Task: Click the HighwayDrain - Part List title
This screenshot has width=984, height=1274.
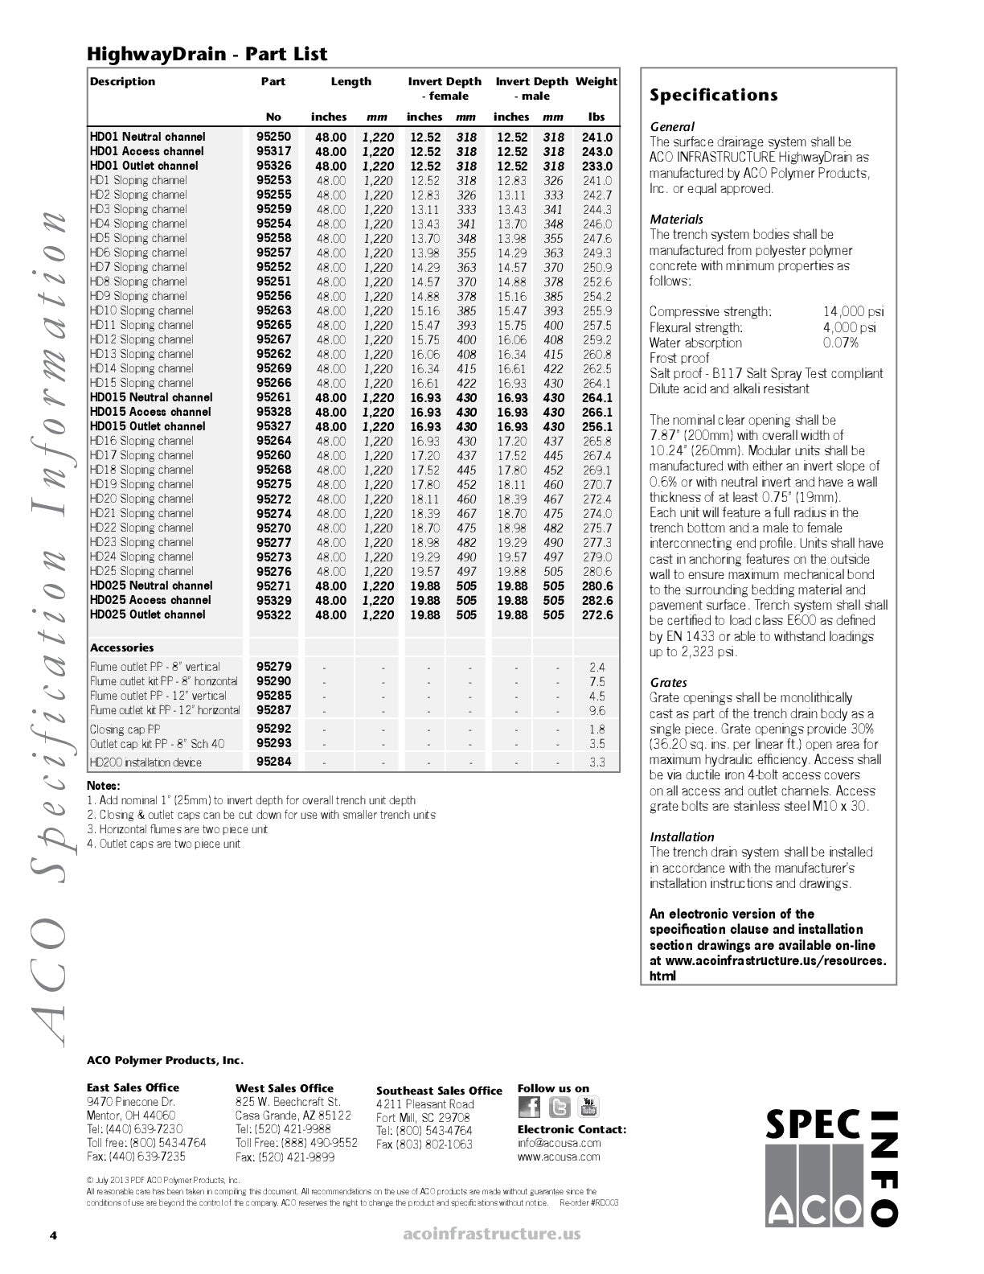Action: click(207, 54)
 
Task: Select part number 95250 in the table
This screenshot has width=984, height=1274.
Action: click(273, 137)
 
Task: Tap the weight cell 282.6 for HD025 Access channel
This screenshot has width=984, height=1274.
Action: click(597, 601)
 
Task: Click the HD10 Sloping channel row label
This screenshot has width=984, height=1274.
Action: click(141, 310)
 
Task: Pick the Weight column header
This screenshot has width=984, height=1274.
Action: click(597, 81)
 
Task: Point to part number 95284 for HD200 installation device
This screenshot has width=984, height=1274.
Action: click(273, 762)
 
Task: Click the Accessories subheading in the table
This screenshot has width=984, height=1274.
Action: click(121, 647)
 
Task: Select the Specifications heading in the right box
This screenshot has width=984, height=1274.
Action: click(713, 96)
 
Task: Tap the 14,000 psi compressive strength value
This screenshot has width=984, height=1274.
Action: click(852, 311)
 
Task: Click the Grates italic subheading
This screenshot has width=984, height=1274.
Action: click(668, 683)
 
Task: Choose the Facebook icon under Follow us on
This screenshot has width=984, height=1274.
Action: click(530, 1108)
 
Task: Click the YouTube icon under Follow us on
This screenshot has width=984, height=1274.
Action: click(589, 1108)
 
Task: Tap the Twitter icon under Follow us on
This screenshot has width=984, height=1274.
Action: click(560, 1108)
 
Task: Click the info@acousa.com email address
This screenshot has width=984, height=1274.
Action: click(559, 1142)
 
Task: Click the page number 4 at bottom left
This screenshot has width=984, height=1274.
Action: click(53, 1235)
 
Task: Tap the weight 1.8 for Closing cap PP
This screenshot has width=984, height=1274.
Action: click(597, 729)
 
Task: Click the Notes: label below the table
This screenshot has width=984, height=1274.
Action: click(104, 786)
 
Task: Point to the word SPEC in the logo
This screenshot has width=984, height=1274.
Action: click(812, 1124)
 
